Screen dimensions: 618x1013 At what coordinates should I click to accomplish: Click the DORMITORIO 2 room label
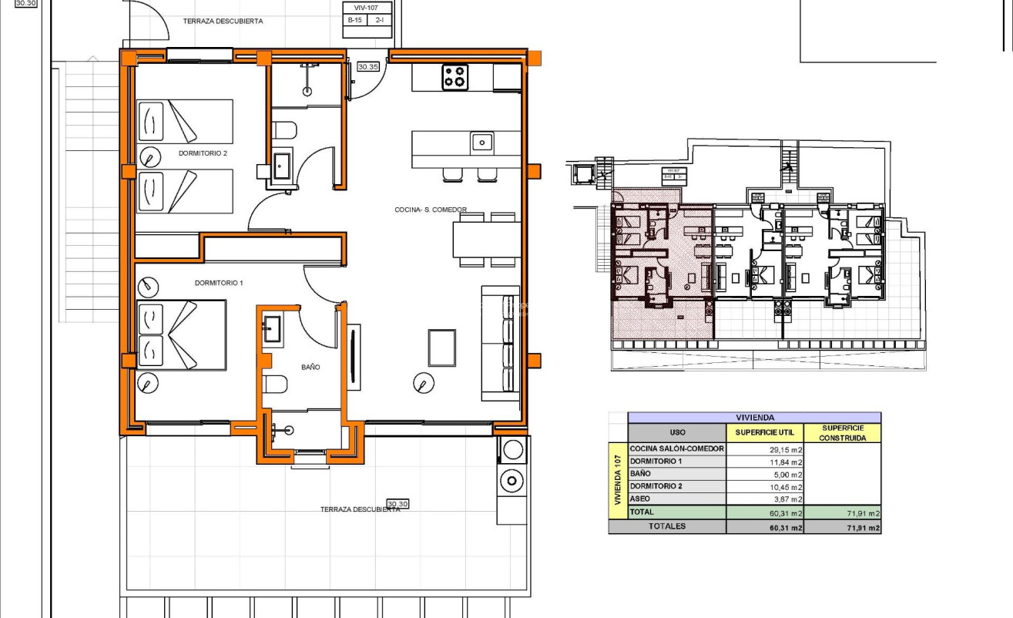click(203, 153)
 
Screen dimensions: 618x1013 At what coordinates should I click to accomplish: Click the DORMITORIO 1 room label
click(219, 283)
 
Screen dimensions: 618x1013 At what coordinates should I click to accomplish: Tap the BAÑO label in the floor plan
click(310, 367)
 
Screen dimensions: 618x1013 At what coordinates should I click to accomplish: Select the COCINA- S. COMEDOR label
click(430, 210)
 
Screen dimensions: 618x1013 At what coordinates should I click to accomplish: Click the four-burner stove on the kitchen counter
click(455, 77)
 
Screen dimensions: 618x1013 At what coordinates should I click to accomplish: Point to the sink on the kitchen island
click(482, 142)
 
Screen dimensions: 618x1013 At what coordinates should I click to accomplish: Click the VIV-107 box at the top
click(366, 8)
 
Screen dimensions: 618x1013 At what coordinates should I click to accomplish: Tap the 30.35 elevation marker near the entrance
click(368, 67)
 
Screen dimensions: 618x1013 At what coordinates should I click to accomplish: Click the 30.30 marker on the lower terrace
click(397, 503)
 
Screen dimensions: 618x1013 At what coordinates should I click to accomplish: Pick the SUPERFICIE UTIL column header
click(764, 432)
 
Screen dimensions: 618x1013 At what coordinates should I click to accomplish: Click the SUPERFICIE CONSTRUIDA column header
click(842, 432)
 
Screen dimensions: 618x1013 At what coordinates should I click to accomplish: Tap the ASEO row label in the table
click(640, 499)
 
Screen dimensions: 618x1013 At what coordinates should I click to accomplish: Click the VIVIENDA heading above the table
click(754, 417)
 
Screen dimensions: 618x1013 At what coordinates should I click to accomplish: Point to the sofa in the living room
click(500, 343)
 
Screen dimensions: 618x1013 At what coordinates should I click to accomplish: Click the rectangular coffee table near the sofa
click(442, 348)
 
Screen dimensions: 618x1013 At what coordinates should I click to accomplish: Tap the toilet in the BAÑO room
click(274, 385)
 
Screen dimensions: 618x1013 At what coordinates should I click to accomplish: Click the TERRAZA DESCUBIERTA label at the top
click(223, 21)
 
